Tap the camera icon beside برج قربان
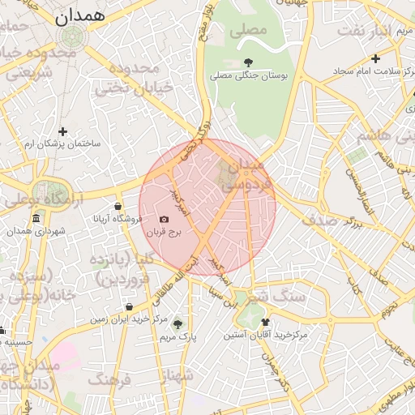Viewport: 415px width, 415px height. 165,219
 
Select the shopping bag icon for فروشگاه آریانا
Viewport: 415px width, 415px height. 118,206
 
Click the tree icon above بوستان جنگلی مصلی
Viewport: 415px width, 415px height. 248,62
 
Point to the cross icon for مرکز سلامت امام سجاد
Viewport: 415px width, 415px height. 374,58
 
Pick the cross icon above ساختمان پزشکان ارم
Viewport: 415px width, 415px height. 62,130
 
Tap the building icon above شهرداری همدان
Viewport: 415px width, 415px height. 36,219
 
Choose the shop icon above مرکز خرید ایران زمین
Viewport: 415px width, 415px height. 130,307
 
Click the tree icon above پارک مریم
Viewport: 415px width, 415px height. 178,323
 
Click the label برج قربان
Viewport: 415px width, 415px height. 165,232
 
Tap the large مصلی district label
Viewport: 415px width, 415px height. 248,31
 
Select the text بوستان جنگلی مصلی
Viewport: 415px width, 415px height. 250,75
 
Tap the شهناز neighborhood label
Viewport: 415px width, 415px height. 178,374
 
